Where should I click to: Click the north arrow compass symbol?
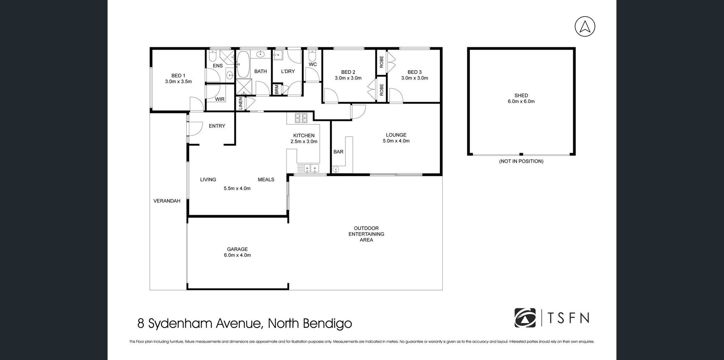click(585, 26)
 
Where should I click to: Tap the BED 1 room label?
click(178, 76)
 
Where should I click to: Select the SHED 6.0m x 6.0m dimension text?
click(521, 101)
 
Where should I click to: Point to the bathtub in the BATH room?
click(243, 64)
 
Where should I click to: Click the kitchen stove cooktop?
click(301, 117)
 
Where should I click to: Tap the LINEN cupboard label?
click(241, 104)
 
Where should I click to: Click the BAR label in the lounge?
click(338, 152)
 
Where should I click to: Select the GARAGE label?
click(237, 249)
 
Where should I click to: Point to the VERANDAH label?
click(167, 201)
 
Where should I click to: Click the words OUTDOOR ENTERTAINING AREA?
click(366, 234)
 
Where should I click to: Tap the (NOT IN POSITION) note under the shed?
click(521, 161)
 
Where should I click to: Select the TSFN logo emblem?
click(525, 318)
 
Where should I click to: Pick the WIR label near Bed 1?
click(220, 99)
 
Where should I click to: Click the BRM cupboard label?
click(277, 89)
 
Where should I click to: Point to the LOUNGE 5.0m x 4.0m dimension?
click(396, 141)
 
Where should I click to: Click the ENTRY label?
click(217, 126)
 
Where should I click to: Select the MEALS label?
click(266, 180)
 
